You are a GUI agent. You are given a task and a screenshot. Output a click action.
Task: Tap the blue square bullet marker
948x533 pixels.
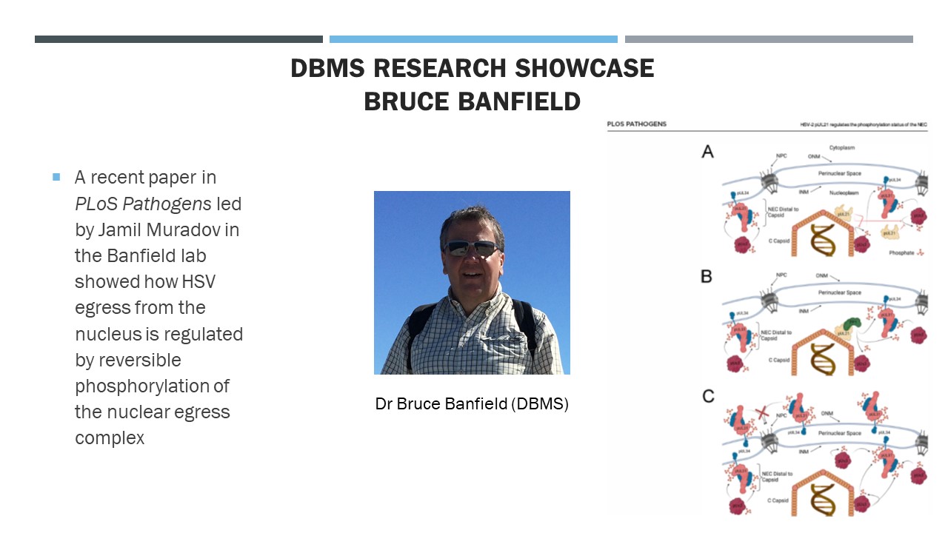56,177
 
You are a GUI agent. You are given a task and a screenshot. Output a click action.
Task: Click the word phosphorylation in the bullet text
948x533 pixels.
152,386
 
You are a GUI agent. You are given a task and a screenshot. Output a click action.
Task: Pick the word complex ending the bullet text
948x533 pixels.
110,438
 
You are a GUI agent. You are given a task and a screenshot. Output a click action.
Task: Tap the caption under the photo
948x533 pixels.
472,404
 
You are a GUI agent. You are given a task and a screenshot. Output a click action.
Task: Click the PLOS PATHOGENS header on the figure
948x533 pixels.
636,124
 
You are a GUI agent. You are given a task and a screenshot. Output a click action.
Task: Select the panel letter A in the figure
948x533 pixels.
707,152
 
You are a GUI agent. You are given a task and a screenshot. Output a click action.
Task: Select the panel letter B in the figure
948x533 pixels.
707,277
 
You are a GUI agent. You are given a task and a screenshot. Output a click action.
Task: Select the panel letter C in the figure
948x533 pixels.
708,396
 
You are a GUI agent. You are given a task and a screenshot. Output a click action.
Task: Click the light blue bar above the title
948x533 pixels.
473,39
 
